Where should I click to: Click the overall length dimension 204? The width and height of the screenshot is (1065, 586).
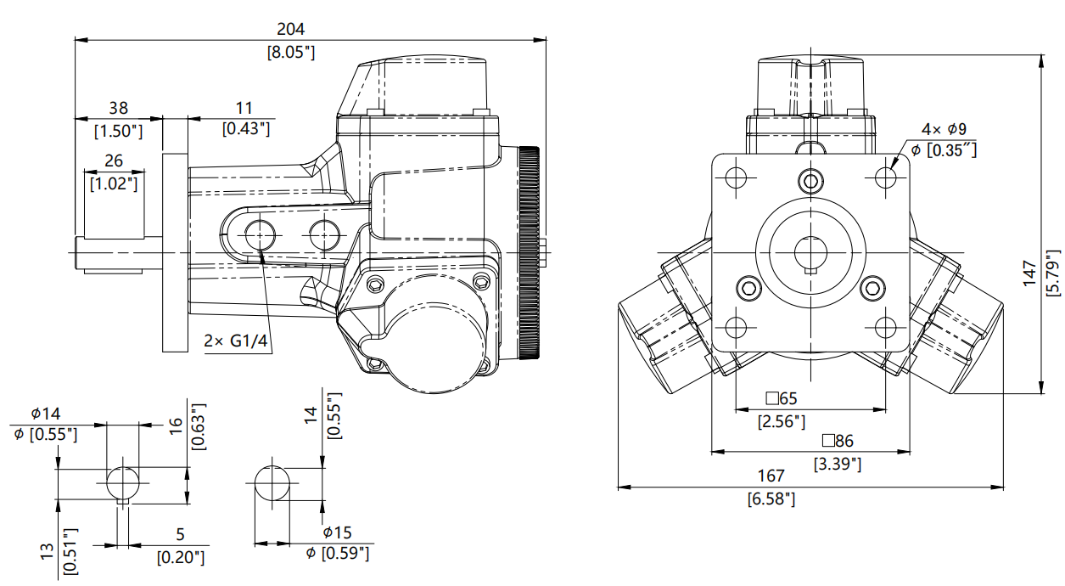[x=290, y=30]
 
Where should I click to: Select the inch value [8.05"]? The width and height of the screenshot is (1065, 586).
[x=291, y=52]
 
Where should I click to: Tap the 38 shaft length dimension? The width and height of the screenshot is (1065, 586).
[x=119, y=109]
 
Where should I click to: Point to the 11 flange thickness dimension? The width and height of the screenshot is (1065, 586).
[x=244, y=108]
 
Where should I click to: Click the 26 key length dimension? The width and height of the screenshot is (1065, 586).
[x=114, y=161]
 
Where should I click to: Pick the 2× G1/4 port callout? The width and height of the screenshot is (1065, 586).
[x=236, y=341]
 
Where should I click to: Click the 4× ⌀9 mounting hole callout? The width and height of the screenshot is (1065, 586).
[x=944, y=129]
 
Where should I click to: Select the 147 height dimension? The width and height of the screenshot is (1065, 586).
[x=1030, y=273]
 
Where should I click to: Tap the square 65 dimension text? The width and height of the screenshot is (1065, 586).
[x=782, y=398]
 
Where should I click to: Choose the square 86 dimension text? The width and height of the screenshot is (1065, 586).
[x=838, y=441]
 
